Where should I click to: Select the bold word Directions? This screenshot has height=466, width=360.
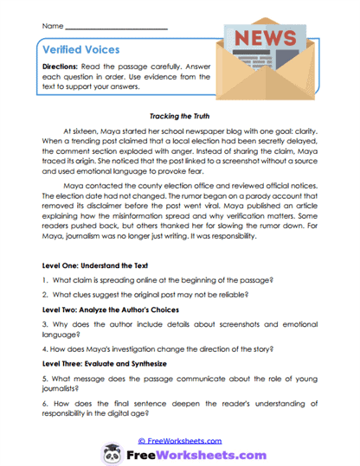tap(67, 67)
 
